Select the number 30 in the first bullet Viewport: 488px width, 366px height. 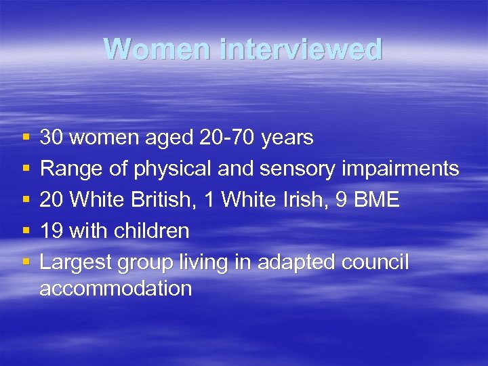52,138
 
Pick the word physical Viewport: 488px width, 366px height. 173,169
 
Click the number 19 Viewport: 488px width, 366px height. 52,231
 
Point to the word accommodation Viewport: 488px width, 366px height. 116,289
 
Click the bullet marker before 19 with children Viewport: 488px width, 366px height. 25,231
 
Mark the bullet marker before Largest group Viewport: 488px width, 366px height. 25,262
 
